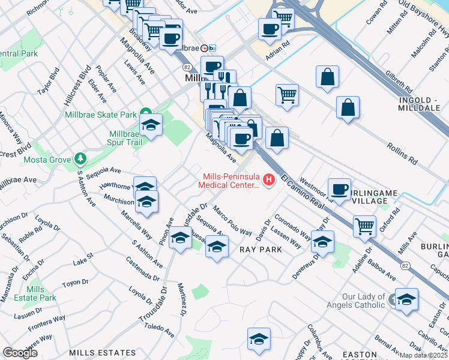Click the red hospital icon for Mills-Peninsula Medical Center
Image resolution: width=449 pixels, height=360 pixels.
(x=269, y=179)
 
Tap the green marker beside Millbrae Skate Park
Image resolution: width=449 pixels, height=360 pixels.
(x=145, y=113)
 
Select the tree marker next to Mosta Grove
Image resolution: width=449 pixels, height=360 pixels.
(x=80, y=159)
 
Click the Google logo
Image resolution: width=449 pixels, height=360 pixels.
(x=20, y=353)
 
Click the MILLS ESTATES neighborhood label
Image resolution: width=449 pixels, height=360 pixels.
(x=101, y=353)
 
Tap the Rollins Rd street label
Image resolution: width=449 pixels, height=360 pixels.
(x=402, y=154)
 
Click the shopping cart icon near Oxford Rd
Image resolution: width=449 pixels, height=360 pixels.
(x=365, y=226)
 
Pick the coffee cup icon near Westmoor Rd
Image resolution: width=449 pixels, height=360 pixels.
(x=339, y=189)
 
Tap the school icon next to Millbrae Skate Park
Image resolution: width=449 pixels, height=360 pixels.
(x=151, y=125)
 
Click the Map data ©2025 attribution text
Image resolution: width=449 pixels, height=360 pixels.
(x=423, y=355)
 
